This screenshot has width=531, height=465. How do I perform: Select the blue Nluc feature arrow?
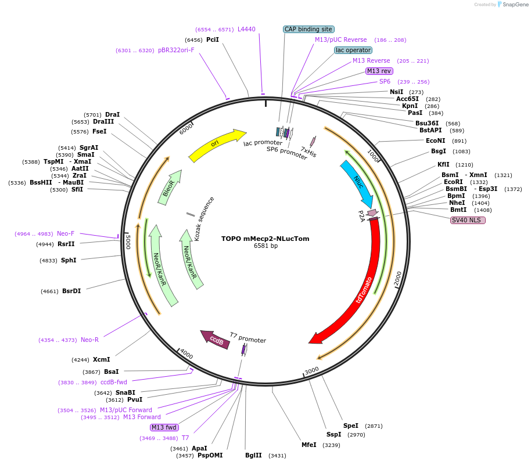point(356,181)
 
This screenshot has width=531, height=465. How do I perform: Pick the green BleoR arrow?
point(170,188)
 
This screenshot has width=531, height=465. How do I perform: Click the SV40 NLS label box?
point(468,220)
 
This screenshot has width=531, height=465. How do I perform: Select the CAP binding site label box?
point(308,29)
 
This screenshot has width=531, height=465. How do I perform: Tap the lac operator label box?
point(353,50)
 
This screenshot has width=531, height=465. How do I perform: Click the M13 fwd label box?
point(164,427)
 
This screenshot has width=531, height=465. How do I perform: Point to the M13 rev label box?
point(379,71)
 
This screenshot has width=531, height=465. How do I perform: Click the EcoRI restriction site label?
point(453,182)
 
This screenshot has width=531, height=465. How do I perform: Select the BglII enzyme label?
point(253,456)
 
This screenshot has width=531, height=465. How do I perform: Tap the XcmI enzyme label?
point(101,359)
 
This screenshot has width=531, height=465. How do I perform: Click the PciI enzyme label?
point(213,39)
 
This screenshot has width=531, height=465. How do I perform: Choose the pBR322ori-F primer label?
point(176,50)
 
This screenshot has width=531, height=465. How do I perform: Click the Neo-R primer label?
point(89,340)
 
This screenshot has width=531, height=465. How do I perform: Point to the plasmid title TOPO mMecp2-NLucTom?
point(265,238)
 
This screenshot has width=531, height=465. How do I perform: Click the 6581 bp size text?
point(265,246)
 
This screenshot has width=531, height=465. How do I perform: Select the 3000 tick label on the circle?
point(312,370)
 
